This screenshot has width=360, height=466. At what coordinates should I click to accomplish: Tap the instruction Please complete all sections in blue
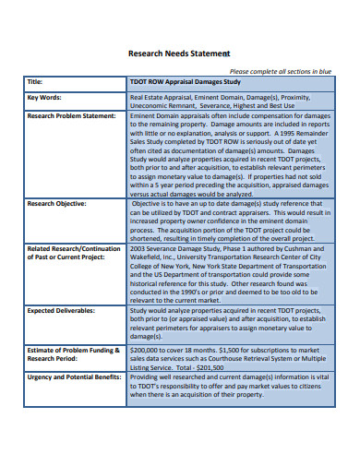pos(279,71)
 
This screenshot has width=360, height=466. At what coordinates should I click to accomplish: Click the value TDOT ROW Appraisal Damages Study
pos(185,81)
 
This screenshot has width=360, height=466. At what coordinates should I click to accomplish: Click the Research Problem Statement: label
pos(71,116)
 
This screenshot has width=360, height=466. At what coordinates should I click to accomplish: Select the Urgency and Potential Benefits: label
pos(77,376)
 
